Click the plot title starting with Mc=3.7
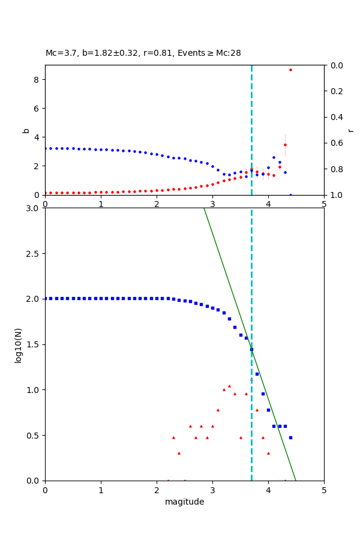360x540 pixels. coord(143,53)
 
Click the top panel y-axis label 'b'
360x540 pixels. coord(26,130)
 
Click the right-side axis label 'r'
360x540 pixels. coord(350,130)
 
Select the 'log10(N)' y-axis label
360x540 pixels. coord(18,344)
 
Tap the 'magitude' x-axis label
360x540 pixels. coord(184,502)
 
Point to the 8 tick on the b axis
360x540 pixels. coord(37,80)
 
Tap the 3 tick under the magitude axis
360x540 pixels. coord(212,490)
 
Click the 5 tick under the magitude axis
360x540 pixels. coord(324,490)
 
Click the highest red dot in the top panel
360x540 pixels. coord(290,70)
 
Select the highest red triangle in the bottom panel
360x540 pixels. coord(229,386)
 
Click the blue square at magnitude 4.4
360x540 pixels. coord(290,437)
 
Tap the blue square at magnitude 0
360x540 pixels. coord(45,298)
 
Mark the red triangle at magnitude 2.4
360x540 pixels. coord(179,453)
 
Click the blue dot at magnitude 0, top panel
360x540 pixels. coord(45,148)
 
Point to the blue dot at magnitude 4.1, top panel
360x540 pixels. coord(274,157)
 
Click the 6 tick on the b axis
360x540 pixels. coord(37,108)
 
